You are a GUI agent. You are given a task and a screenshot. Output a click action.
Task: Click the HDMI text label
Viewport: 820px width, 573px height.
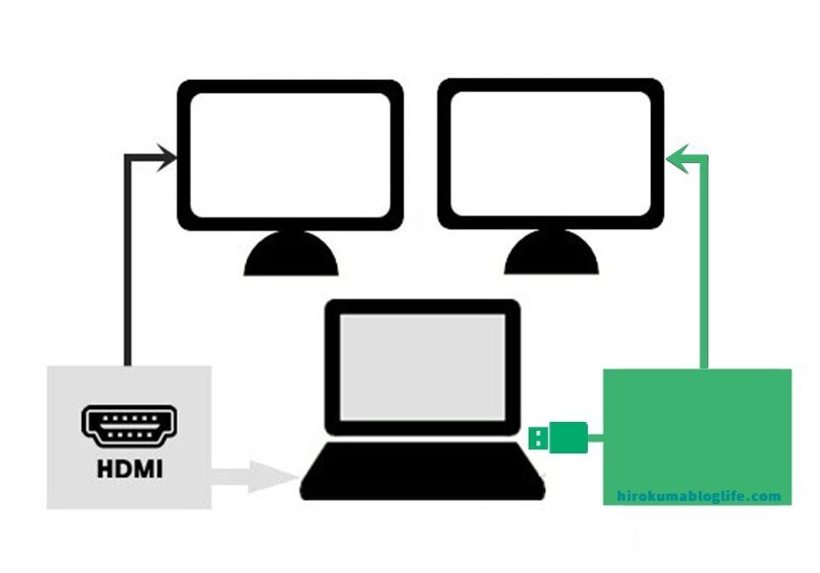[x=128, y=466]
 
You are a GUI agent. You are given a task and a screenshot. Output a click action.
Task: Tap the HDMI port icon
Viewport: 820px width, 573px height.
[x=128, y=424]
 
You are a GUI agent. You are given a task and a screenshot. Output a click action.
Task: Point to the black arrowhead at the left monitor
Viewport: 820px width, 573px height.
[x=167, y=155]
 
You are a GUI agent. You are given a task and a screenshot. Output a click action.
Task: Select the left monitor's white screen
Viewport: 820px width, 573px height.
[x=290, y=153]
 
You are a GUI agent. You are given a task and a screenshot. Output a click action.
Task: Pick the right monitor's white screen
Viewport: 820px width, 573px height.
[x=549, y=153]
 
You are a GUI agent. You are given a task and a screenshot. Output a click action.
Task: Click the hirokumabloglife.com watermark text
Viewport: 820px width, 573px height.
[x=698, y=496]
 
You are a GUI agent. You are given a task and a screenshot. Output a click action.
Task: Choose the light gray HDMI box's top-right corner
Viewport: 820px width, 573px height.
[x=209, y=368]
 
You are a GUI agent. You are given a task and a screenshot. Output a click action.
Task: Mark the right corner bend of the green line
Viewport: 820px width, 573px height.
[x=704, y=156]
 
